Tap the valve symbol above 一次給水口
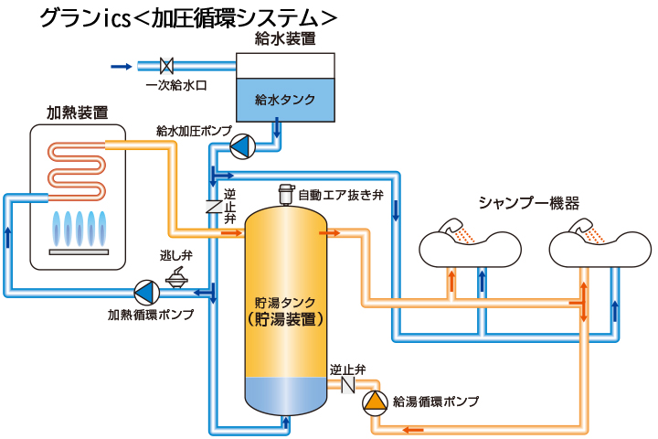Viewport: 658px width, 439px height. click(167, 66)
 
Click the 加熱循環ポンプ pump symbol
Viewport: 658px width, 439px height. click(145, 292)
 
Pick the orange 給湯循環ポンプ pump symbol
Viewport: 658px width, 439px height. click(375, 401)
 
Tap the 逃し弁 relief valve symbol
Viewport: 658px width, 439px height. click(174, 272)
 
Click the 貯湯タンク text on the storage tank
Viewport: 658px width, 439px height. click(286, 302)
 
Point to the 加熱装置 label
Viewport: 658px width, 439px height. click(78, 113)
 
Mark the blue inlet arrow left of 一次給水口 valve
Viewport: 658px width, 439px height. click(121, 66)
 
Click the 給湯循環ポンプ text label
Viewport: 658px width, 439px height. click(435, 402)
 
